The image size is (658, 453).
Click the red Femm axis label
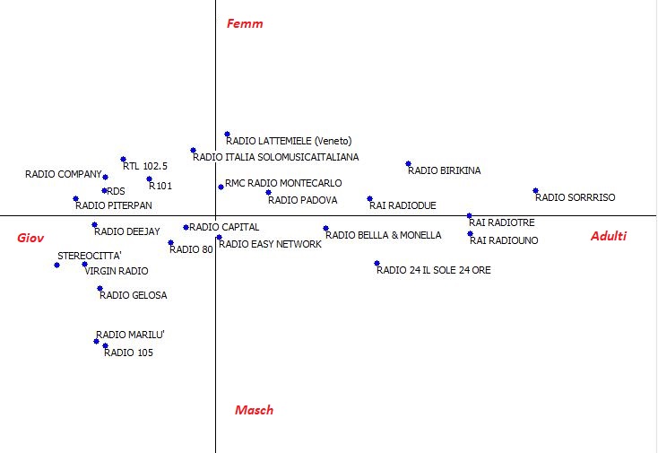point(245,23)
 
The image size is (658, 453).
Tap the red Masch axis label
point(254,410)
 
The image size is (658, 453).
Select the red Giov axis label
point(30,238)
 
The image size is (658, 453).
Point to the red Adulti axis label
point(609,236)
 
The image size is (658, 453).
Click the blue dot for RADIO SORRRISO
point(535,190)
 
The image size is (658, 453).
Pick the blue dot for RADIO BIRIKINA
point(408,164)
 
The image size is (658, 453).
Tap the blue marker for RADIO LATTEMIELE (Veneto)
point(227,135)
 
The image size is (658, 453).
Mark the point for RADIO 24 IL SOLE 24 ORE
point(377,263)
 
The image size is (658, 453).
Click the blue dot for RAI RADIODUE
point(369,198)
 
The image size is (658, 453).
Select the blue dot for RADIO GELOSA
point(100,289)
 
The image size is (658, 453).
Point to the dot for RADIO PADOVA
point(268,193)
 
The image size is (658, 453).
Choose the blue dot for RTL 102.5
point(123,159)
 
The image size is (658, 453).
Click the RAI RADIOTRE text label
point(502,222)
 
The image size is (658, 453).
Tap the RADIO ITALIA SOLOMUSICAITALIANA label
point(276,157)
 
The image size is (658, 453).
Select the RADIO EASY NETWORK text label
point(270,244)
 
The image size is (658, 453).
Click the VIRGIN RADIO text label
point(117,271)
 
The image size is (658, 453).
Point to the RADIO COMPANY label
point(64,174)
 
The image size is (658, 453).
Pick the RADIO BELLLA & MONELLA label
point(383,235)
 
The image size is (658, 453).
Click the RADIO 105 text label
point(128,353)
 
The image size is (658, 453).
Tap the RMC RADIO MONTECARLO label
point(283,183)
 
